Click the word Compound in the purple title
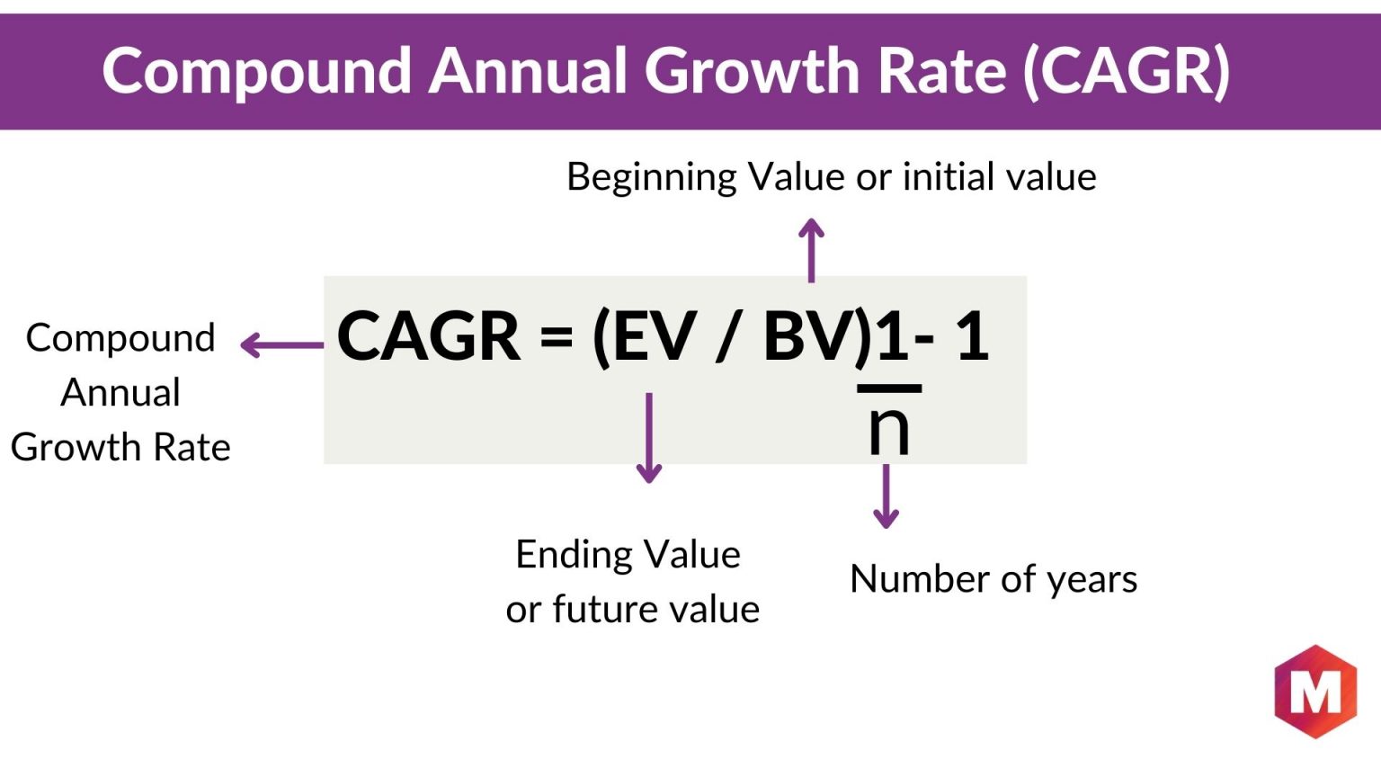click(x=257, y=72)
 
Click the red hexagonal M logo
click(x=1315, y=692)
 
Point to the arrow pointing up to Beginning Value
click(x=811, y=250)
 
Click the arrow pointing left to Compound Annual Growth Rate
click(x=281, y=345)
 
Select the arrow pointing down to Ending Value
click(x=648, y=438)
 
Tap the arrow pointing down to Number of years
click(x=886, y=496)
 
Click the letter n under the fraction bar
click(x=889, y=431)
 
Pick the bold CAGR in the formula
click(x=429, y=336)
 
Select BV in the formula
click(x=809, y=336)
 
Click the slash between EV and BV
click(x=732, y=336)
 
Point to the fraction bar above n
click(x=889, y=388)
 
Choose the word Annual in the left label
click(x=120, y=393)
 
